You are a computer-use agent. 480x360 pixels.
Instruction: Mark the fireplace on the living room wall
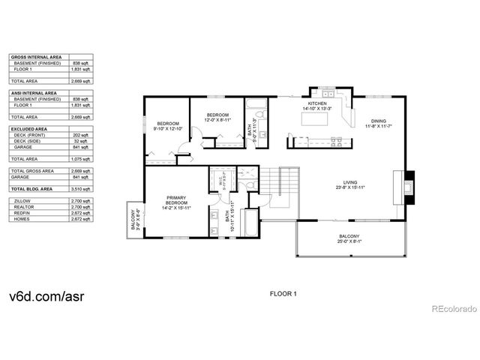[x=405, y=184]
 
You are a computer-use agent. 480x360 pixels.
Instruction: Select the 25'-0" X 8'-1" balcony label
[x=349, y=239]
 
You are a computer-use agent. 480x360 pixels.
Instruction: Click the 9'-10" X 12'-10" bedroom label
[x=168, y=126]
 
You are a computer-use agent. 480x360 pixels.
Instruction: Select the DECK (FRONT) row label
[x=29, y=136]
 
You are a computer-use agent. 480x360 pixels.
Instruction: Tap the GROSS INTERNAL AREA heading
[x=35, y=57]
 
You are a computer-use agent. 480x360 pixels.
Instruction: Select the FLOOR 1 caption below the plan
[x=283, y=294]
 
